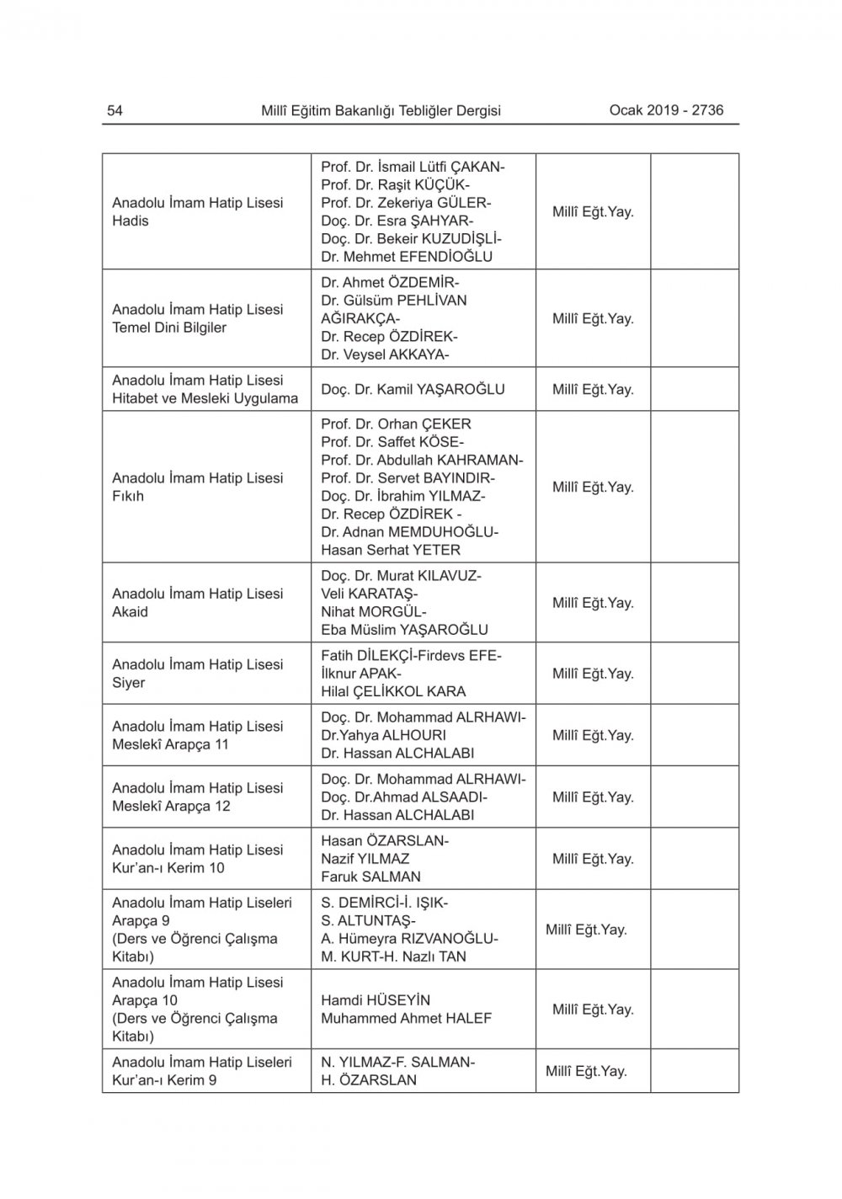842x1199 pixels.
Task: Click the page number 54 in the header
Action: pyautogui.click(x=115, y=110)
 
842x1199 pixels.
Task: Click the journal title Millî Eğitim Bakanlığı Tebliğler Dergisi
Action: pyautogui.click(x=381, y=110)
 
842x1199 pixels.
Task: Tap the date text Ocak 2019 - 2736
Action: pyautogui.click(x=666, y=109)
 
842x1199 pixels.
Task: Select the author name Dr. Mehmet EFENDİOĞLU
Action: pyautogui.click(x=407, y=257)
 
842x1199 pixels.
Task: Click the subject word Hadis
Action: pyautogui.click(x=131, y=221)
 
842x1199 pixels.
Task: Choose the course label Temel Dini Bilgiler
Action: pyautogui.click(x=169, y=328)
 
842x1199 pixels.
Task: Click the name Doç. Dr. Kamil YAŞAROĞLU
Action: pyautogui.click(x=413, y=389)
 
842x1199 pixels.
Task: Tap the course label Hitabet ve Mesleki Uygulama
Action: pyautogui.click(x=205, y=398)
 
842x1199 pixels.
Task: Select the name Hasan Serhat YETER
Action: pyautogui.click(x=391, y=550)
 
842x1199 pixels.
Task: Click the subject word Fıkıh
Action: pyautogui.click(x=128, y=496)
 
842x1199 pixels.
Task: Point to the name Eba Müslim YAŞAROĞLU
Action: pyautogui.click(x=404, y=629)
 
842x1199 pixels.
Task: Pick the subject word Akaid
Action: pyautogui.click(x=131, y=612)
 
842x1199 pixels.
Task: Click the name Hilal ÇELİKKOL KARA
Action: pyautogui.click(x=393, y=691)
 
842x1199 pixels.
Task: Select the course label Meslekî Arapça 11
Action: pyautogui.click(x=170, y=744)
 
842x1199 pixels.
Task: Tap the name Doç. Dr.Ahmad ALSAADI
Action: pyautogui.click(x=404, y=797)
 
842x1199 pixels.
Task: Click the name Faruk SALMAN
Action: pyautogui.click(x=370, y=877)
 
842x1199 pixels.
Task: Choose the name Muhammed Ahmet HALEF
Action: pyautogui.click(x=406, y=1018)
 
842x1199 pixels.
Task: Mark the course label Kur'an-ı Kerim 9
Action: pyautogui.click(x=164, y=1080)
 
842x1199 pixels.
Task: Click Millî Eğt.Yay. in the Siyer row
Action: pyautogui.click(x=593, y=674)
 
